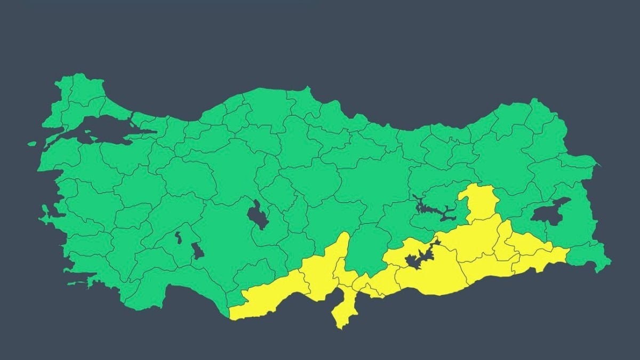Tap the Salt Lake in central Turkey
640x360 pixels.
tap(258, 214)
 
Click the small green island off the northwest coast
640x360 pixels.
tap(32, 143)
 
